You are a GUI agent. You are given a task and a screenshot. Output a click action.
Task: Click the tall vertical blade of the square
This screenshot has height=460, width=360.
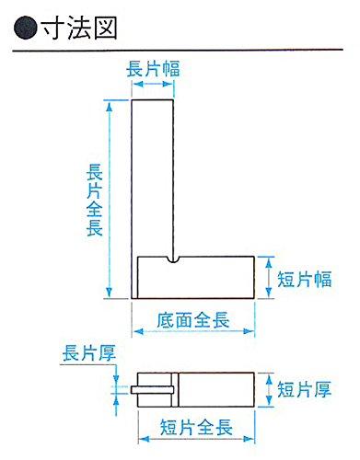pos(155,175)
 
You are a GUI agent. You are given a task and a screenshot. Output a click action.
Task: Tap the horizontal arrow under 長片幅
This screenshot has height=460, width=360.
pos(155,85)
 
